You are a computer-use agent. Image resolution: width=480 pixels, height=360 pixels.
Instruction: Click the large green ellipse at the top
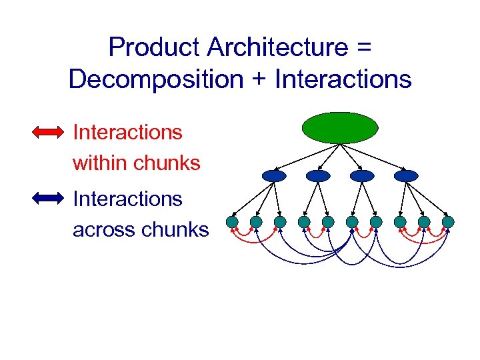tap(340, 127)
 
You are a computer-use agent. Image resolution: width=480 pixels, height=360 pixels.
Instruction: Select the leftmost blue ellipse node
tap(274, 176)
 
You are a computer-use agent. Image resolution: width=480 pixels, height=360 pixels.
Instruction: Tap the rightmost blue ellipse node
tap(406, 176)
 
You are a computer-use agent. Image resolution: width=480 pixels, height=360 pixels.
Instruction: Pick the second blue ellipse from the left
tap(318, 176)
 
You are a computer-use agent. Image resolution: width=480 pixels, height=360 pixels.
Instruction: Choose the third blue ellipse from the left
tap(362, 176)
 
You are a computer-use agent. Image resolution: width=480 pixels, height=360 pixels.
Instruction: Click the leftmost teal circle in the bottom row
tap(232, 221)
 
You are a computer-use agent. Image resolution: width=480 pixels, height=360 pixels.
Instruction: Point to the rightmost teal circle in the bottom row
tap(448, 221)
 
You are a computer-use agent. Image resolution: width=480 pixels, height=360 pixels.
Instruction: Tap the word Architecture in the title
tap(277, 47)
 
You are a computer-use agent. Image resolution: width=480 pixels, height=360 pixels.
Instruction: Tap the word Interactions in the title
tap(343, 79)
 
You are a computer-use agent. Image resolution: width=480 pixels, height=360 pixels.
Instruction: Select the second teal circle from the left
tap(256, 221)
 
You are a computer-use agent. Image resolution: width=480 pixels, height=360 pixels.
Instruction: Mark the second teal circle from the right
tap(424, 221)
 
